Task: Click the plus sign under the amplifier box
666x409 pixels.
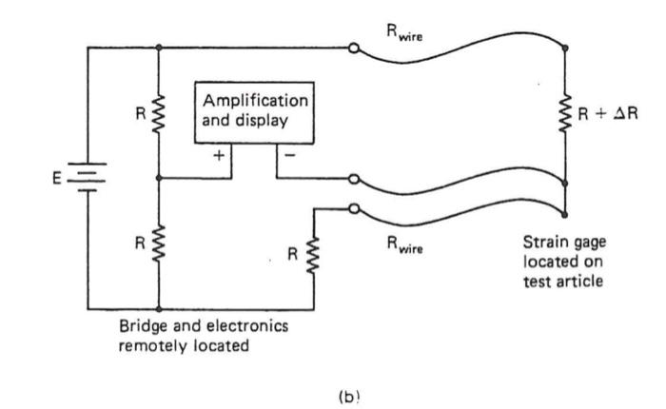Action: [x=218, y=156]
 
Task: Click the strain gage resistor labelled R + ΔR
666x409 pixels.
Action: [x=568, y=113]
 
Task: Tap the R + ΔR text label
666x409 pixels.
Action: [x=608, y=113]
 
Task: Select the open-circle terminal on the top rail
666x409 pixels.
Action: [x=354, y=48]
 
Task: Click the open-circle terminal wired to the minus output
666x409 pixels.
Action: [x=354, y=179]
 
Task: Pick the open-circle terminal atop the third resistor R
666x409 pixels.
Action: [x=354, y=210]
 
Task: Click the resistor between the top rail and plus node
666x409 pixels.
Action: [x=158, y=113]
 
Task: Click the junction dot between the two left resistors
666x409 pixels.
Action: [x=158, y=178]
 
